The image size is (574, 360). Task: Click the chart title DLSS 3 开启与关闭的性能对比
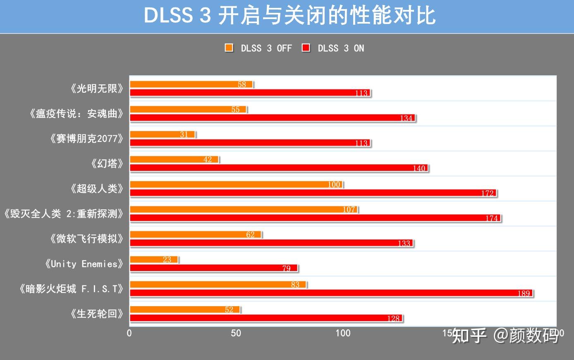pyautogui.click(x=289, y=16)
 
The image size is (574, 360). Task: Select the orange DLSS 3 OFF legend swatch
pyautogui.click(x=229, y=48)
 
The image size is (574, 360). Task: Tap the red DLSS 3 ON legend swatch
pyautogui.click(x=306, y=48)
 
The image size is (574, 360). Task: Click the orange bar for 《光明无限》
pyautogui.click(x=191, y=84)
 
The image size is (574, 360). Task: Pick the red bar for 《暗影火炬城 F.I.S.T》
pyautogui.click(x=331, y=293)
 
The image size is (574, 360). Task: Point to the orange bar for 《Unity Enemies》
pyautogui.click(x=153, y=259)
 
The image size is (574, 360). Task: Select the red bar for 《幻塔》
pyautogui.click(x=279, y=168)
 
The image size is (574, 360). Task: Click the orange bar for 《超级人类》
pyautogui.click(x=236, y=185)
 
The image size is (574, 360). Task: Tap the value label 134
pyautogui.click(x=406, y=118)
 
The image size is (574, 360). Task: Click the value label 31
pyautogui.click(x=184, y=134)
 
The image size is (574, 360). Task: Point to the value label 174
pyautogui.click(x=492, y=218)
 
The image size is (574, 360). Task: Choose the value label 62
pyautogui.click(x=251, y=235)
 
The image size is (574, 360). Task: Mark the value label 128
pyautogui.click(x=393, y=318)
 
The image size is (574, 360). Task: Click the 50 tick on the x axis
pyautogui.click(x=236, y=333)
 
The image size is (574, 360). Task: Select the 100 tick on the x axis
pyautogui.click(x=343, y=333)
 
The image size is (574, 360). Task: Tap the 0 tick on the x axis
pyautogui.click(x=129, y=333)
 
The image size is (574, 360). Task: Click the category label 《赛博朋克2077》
pyautogui.click(x=87, y=139)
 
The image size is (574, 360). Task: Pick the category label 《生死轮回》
pyautogui.click(x=97, y=314)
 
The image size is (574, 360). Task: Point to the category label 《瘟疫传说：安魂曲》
pyautogui.click(x=77, y=114)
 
